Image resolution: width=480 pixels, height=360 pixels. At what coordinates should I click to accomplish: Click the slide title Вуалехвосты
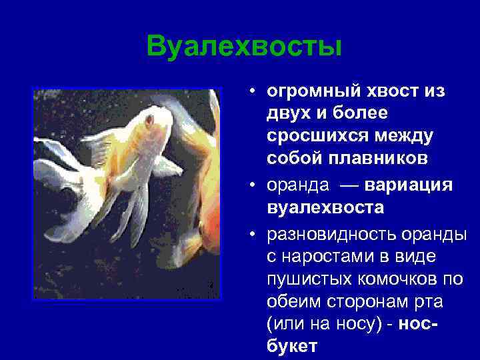tap(244, 47)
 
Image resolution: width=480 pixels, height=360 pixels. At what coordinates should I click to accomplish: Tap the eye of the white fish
tap(149, 120)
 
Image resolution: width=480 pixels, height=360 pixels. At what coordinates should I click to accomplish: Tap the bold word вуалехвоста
tap(325, 207)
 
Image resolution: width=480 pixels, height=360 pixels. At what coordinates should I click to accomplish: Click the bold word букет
tap(292, 347)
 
